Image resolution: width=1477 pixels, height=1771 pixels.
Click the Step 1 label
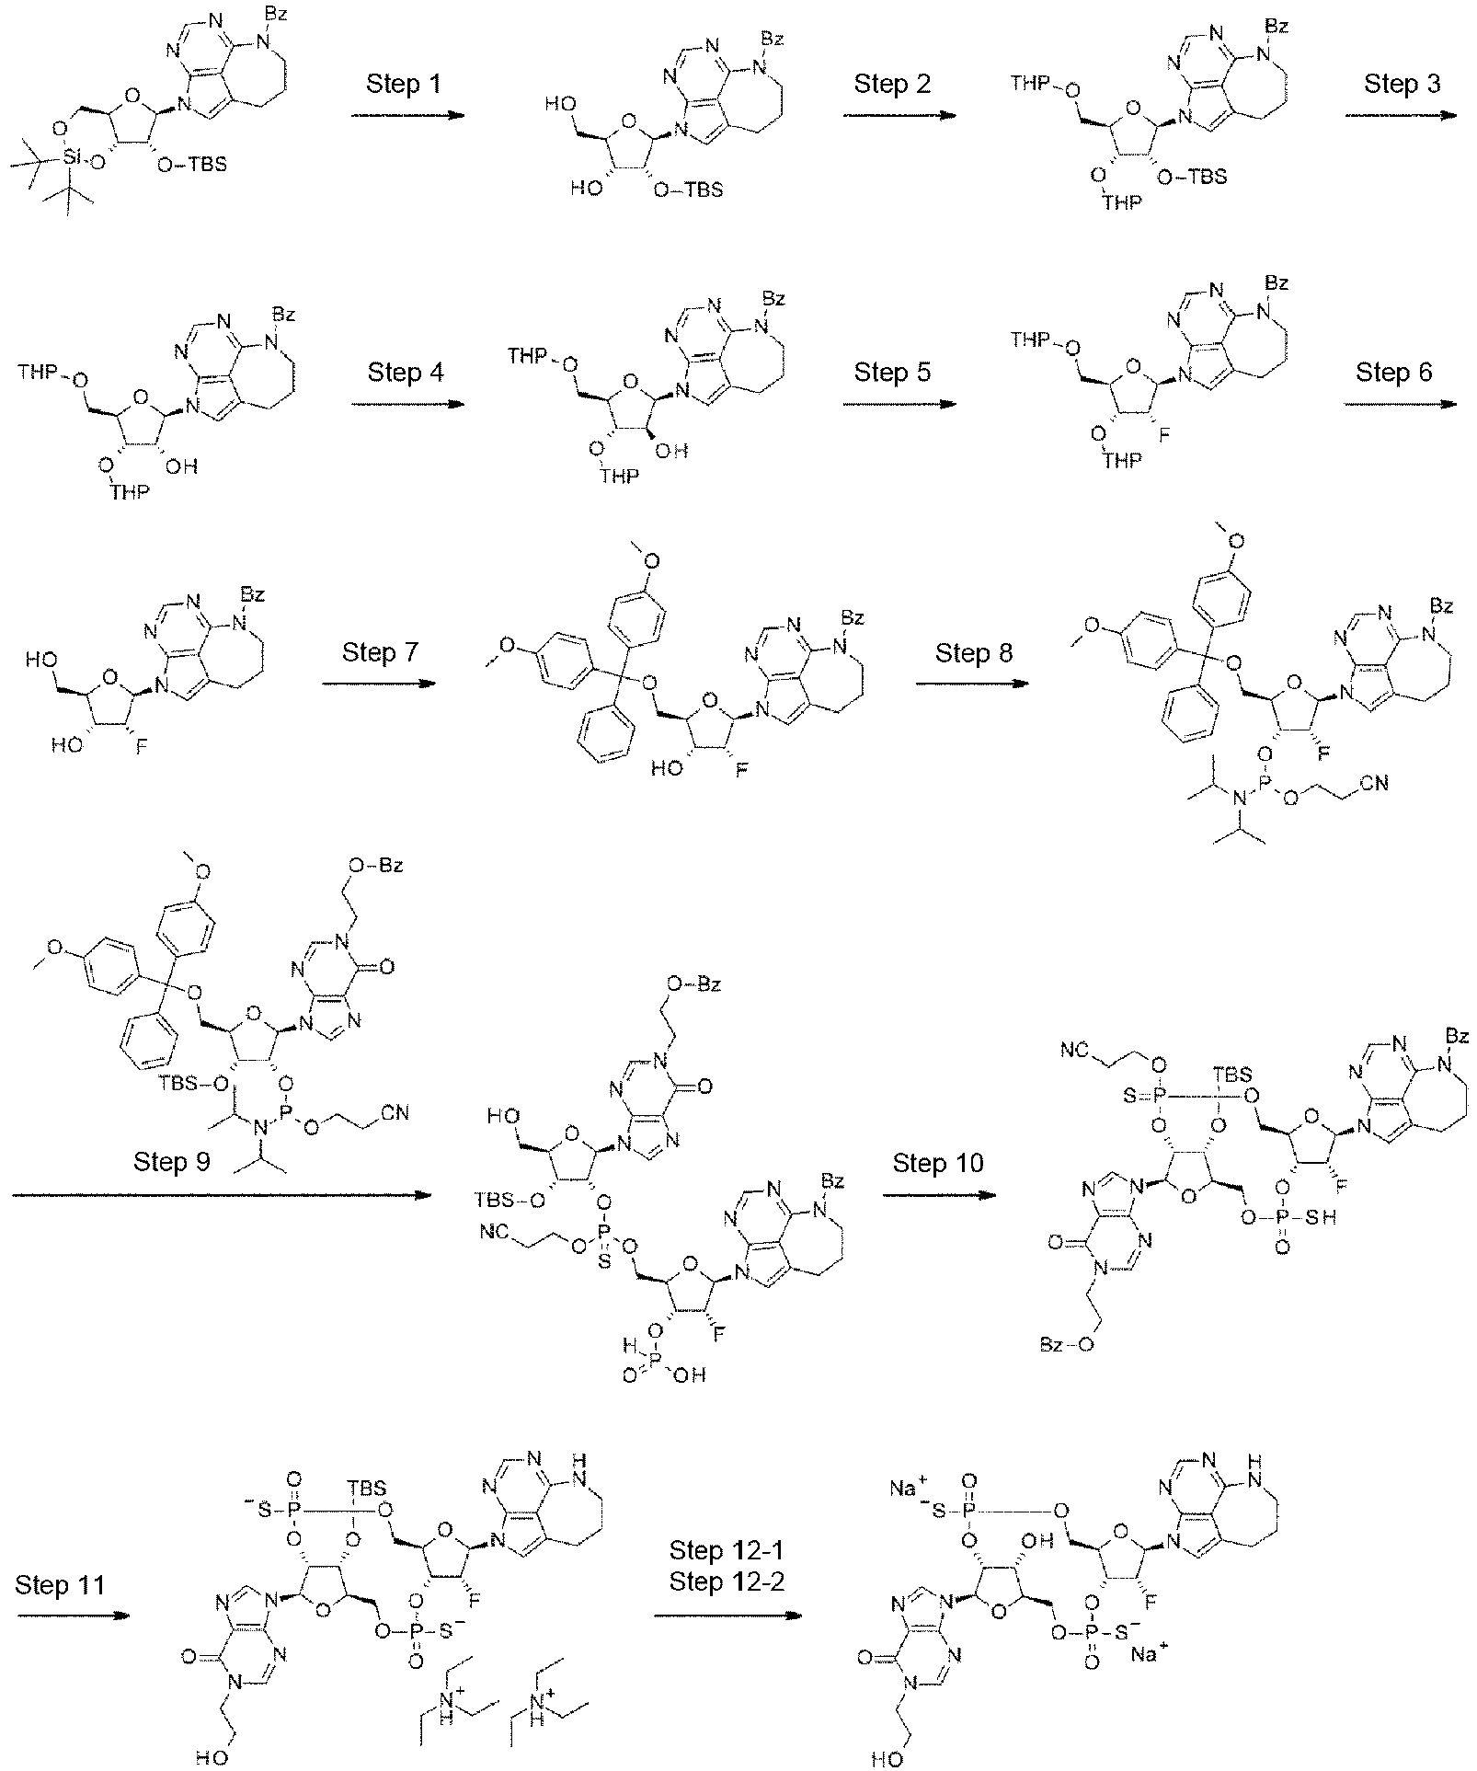[404, 85]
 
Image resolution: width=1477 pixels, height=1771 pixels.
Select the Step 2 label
[892, 85]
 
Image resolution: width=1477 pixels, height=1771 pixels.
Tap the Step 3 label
[1402, 85]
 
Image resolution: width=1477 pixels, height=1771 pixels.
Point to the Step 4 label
[406, 373]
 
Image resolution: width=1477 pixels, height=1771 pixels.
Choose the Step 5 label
[892, 373]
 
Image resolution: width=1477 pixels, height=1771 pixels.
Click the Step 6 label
[1394, 373]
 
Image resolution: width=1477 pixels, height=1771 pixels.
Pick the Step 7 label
[380, 653]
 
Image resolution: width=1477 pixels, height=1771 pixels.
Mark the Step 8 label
[973, 653]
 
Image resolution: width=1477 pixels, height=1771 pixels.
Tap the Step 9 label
[172, 1162]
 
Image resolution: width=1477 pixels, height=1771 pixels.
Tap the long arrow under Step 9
[222, 1195]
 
